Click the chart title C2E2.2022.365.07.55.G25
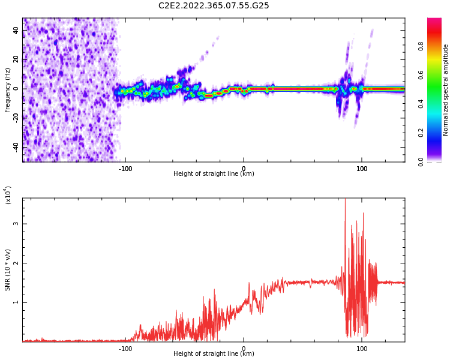[214, 5]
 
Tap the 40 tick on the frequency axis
[16, 31]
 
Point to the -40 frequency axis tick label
[14, 146]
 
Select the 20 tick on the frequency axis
[16, 59]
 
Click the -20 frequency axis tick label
[14, 118]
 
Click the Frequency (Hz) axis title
[7, 90]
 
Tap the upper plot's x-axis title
[214, 174]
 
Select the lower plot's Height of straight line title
[214, 353]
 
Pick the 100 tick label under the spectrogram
[362, 169]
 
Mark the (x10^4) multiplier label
[8, 195]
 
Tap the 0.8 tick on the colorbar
[437, 47]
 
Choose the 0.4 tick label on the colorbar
[437, 104]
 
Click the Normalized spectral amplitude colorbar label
[446, 90]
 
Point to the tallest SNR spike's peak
[345, 200]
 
